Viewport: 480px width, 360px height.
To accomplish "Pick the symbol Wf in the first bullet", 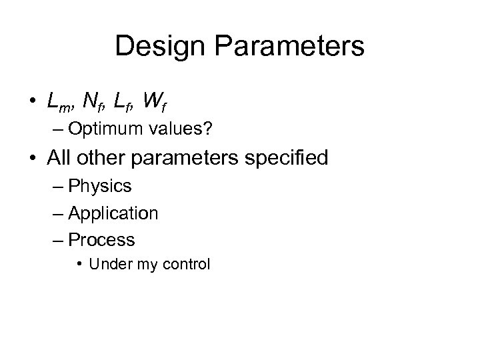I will (x=157, y=102).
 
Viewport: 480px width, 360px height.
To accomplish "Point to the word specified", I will (x=287, y=159).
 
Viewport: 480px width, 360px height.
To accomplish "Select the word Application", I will (x=113, y=213).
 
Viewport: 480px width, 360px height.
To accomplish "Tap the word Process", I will (x=102, y=239).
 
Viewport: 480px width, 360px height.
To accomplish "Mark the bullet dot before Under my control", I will (x=79, y=265).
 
